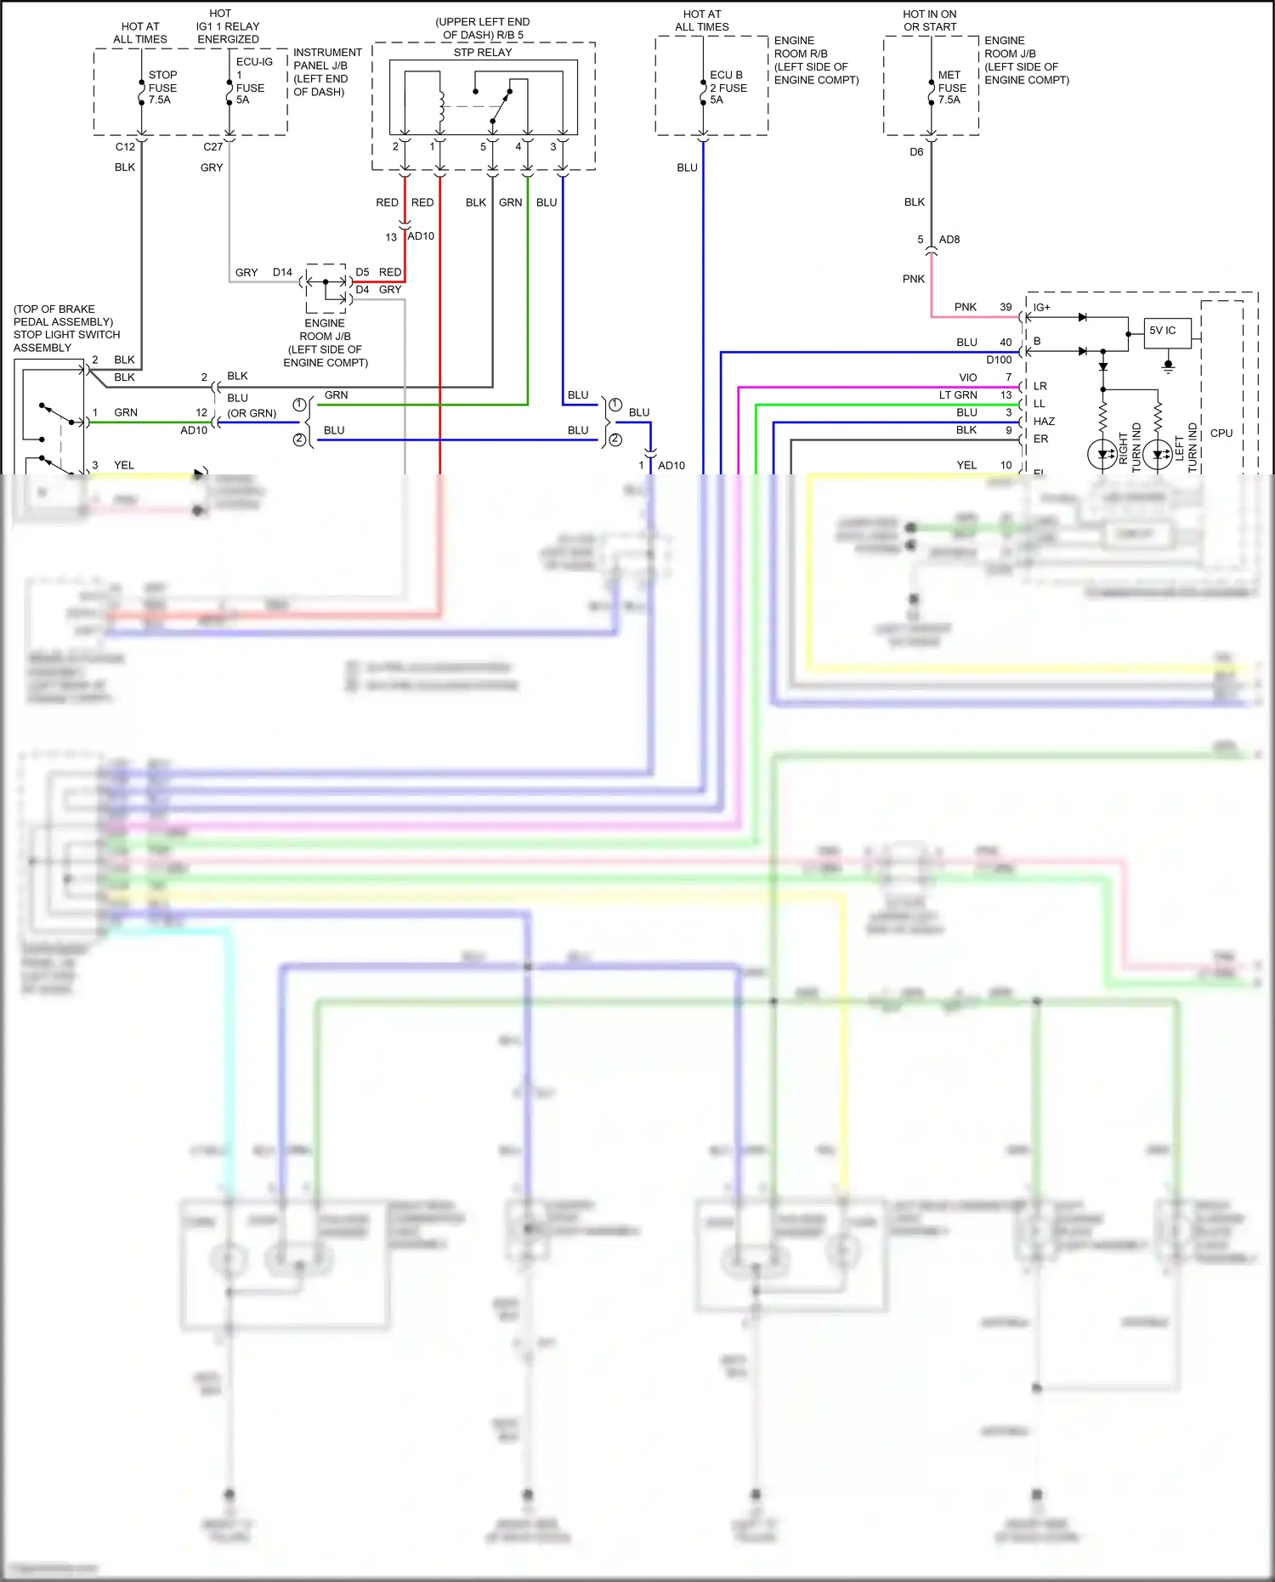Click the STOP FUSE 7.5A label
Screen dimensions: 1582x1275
click(x=161, y=88)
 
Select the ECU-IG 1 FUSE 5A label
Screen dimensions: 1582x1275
click(x=252, y=81)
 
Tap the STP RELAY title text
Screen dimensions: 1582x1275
click(x=482, y=53)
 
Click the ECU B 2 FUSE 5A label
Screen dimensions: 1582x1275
click(x=728, y=88)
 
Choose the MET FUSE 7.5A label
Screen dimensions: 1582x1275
click(x=951, y=88)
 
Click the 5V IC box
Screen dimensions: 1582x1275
click(x=1167, y=332)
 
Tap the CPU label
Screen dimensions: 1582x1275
click(x=1221, y=434)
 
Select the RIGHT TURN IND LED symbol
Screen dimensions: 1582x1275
click(x=1102, y=454)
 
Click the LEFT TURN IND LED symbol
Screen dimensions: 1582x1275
click(x=1157, y=454)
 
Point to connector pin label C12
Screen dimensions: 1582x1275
click(x=125, y=147)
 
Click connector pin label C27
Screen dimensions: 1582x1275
click(x=212, y=147)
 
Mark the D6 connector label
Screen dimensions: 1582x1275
click(x=915, y=152)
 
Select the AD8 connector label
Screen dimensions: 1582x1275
click(x=949, y=240)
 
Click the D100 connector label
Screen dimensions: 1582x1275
click(x=998, y=360)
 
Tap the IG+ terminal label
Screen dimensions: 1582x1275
click(x=1041, y=308)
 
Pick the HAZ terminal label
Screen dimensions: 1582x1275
click(x=1043, y=422)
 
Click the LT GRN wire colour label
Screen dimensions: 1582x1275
click(x=957, y=395)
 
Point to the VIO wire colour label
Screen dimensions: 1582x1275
click(x=967, y=377)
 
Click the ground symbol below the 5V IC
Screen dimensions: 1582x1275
click(x=1168, y=367)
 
